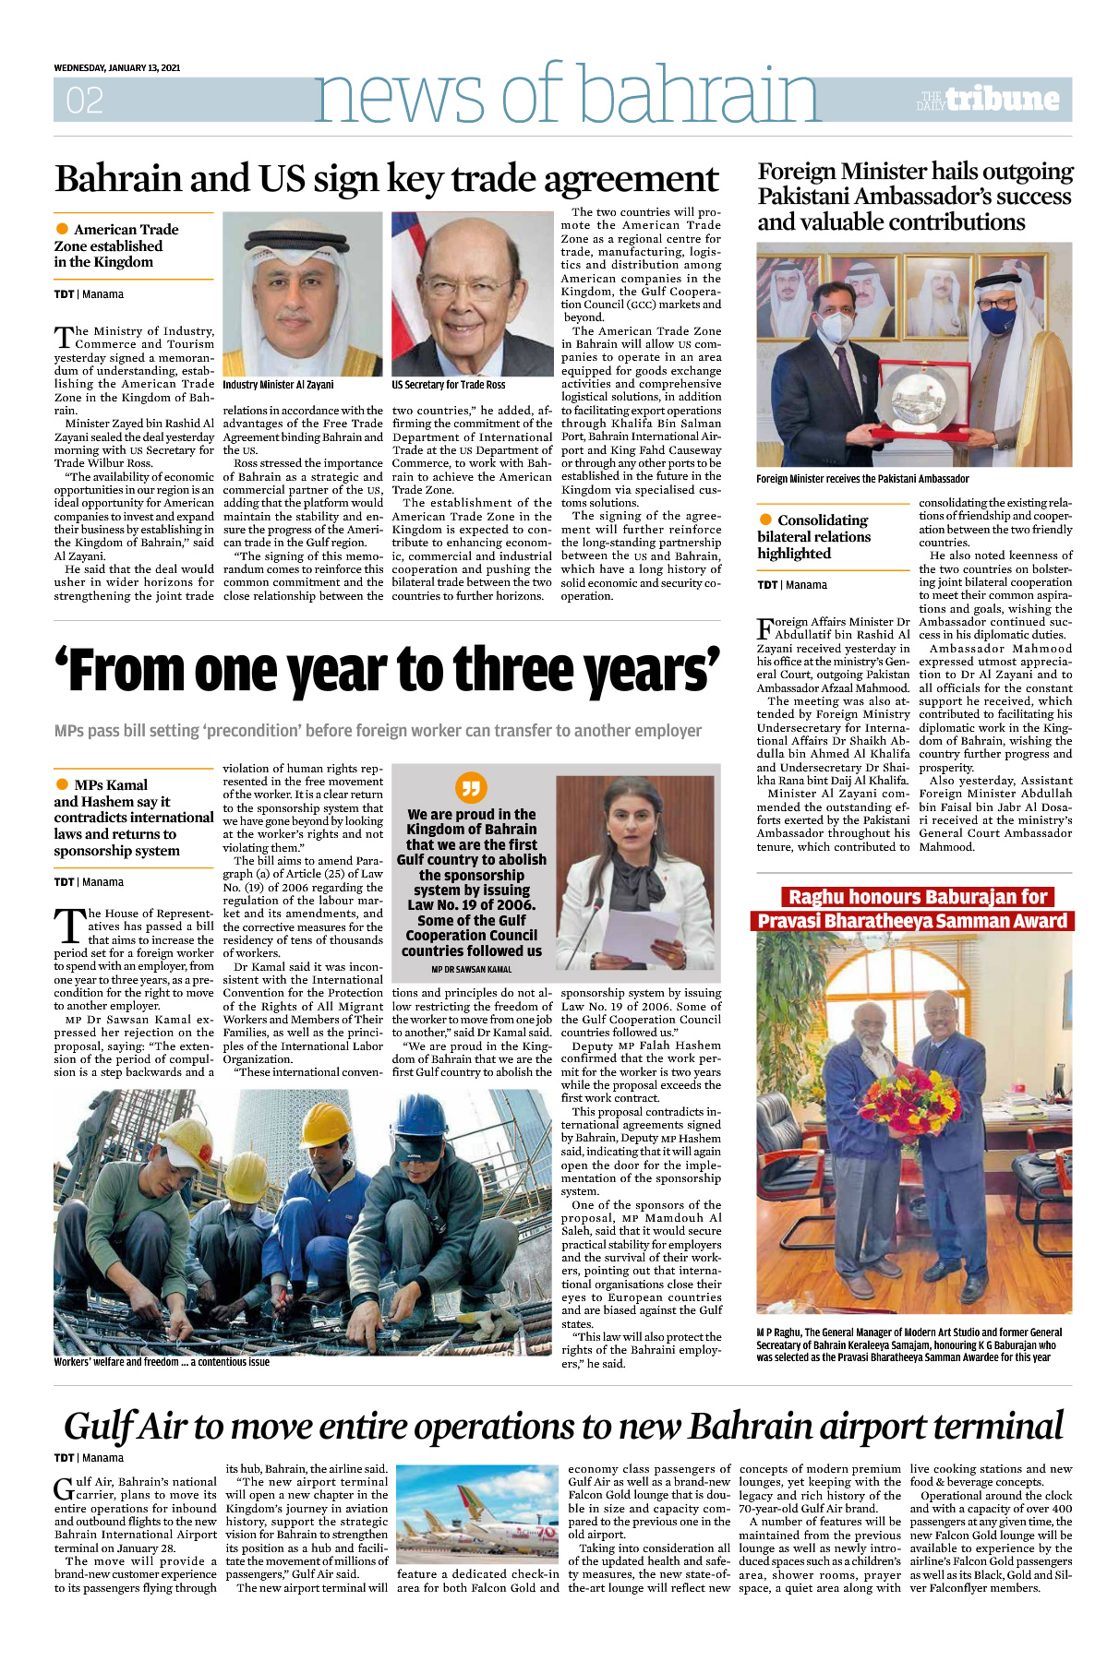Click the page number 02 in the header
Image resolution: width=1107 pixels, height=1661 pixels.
[84, 101]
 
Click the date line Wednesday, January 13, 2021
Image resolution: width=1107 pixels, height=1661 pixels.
[116, 67]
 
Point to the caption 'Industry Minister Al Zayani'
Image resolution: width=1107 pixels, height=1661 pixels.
[278, 385]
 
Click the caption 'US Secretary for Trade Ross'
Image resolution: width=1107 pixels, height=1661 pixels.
[448, 385]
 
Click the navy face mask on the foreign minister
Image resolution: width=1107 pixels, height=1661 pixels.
[997, 319]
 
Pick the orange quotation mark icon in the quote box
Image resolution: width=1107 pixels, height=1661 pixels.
[471, 787]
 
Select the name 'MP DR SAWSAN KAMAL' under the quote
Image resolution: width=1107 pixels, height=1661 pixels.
[471, 970]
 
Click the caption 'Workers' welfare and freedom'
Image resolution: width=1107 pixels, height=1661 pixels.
[162, 1362]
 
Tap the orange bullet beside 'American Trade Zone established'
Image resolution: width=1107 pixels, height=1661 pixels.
[62, 229]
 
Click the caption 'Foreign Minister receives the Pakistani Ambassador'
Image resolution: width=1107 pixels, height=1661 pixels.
[862, 479]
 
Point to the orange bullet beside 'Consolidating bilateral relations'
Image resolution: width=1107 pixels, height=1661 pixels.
[765, 520]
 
